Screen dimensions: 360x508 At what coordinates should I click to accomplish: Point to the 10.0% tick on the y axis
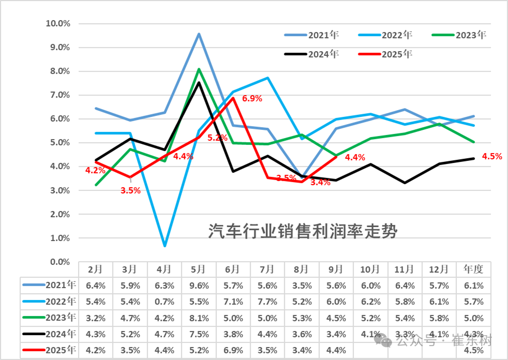pos(58,23)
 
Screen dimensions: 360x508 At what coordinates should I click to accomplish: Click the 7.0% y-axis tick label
pos(59,95)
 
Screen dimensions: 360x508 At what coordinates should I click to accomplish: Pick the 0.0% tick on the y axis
pos(59,262)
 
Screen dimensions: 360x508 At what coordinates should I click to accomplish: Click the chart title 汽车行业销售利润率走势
pos(303,231)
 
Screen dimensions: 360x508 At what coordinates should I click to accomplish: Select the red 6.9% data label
pos(252,98)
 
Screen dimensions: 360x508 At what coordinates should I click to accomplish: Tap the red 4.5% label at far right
pos(491,156)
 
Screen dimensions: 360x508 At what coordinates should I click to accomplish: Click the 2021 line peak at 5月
pos(199,34)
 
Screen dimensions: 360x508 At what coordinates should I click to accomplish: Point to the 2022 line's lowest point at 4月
pos(164,246)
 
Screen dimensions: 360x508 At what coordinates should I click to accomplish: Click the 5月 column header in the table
pos(198,269)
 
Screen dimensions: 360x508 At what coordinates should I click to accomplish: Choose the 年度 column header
pos(473,269)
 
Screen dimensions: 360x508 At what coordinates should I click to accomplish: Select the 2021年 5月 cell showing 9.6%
pos(198,285)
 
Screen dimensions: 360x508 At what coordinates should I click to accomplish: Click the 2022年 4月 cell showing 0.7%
pos(164,302)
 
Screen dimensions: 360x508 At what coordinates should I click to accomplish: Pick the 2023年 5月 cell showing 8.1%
pos(198,318)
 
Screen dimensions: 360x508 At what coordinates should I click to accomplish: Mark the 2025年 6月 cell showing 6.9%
pos(233,351)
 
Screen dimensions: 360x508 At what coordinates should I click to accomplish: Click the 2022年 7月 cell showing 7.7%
pos(267,302)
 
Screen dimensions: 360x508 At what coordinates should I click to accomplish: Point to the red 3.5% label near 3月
pos(130,190)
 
